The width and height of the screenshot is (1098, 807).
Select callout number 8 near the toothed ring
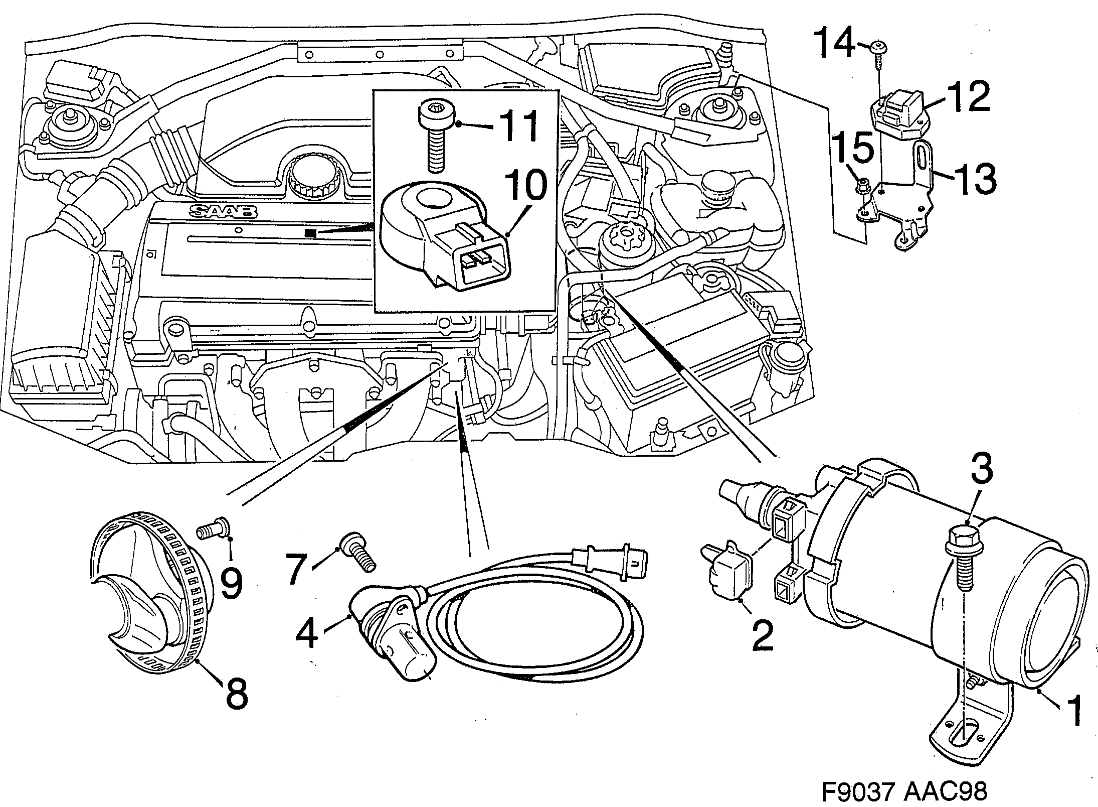[236, 694]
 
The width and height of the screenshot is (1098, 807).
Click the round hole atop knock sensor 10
[434, 199]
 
